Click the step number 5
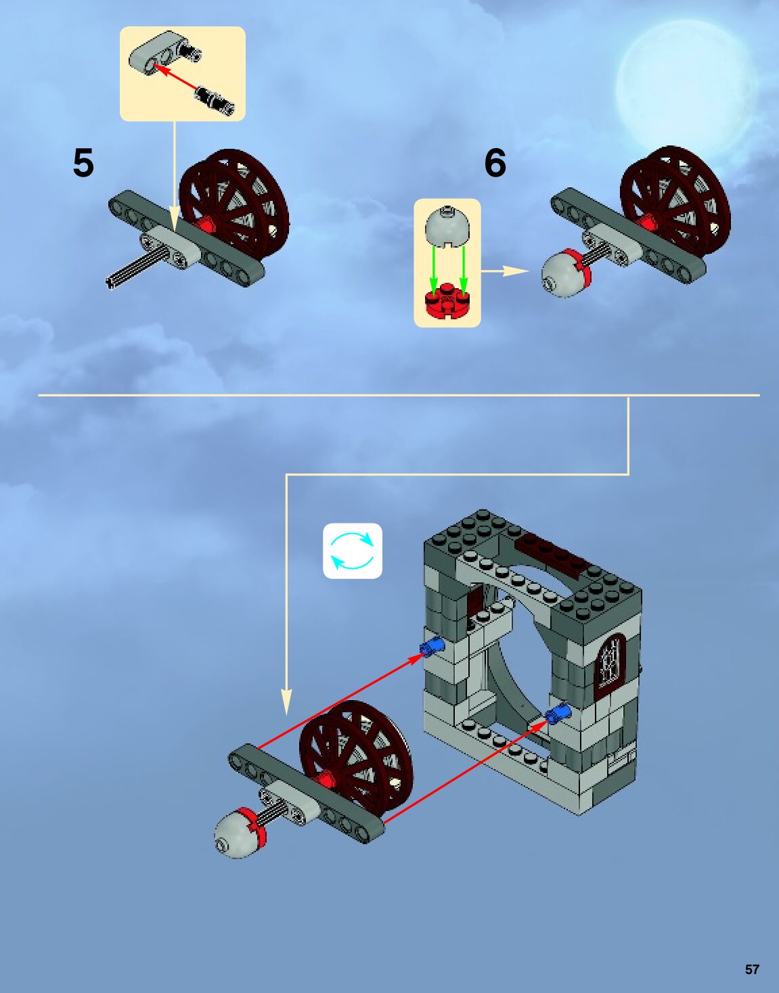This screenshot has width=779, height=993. pos(83,163)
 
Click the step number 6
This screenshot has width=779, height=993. pos(495,163)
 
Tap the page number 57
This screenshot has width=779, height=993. pos(752,969)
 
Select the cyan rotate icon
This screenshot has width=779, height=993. pos(353,551)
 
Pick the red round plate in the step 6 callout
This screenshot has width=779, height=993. pos(447,301)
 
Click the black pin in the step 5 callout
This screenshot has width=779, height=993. pos(215,99)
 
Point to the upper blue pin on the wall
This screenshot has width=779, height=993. pos(432,647)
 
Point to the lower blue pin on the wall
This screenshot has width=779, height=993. pos(557,713)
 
